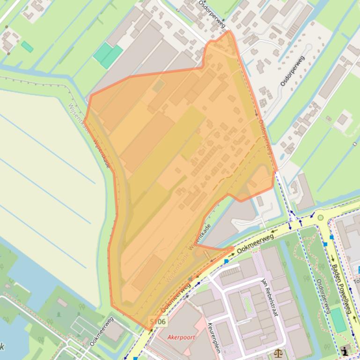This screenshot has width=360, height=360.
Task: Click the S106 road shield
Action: click(x=158, y=322)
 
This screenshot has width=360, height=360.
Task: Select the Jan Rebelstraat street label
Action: click(x=270, y=297)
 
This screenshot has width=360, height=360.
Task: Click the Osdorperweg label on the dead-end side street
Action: click(x=292, y=71)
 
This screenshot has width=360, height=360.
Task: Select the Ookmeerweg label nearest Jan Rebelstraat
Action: click(x=255, y=244)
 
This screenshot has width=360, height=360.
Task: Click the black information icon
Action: click(x=345, y=350)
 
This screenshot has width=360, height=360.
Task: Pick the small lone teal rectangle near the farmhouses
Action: click(x=27, y=47)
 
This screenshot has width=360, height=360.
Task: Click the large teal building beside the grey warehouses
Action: click(x=108, y=55)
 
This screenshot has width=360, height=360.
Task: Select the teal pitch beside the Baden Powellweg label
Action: click(x=338, y=320)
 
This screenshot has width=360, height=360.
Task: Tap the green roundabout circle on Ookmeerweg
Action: click(x=320, y=217)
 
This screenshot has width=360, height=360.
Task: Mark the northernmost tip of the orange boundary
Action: click(x=229, y=31)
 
